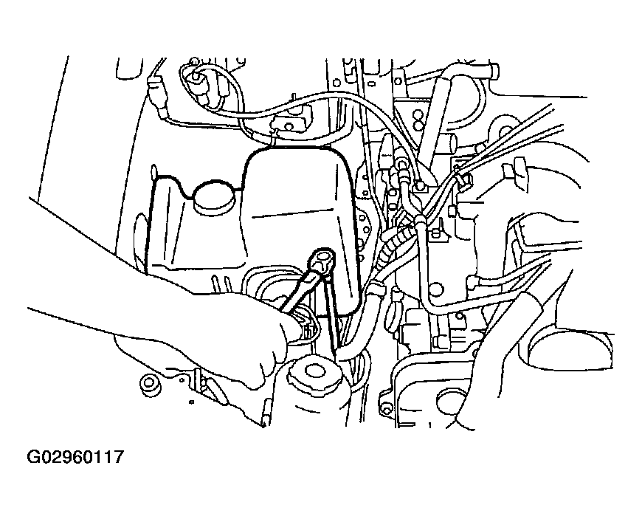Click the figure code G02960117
(75, 457)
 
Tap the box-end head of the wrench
(324, 259)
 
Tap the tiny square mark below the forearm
(191, 402)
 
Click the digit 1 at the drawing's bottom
(430, 425)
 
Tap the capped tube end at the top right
(493, 71)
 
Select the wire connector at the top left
(157, 95)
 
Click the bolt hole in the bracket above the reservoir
(290, 126)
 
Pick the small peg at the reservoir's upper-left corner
(153, 171)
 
